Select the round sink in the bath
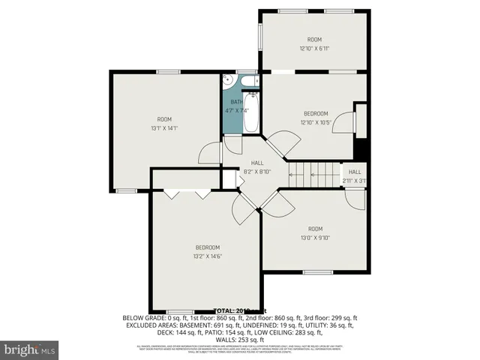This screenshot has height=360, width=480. (x=231, y=82)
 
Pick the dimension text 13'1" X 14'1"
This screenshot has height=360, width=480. (x=163, y=128)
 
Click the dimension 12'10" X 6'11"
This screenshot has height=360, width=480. (x=314, y=49)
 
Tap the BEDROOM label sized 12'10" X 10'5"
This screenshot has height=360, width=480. (x=315, y=114)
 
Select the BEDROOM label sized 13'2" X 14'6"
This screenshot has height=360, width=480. (x=207, y=247)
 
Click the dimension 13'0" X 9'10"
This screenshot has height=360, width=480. (x=314, y=238)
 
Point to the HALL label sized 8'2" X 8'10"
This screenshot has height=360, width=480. (x=257, y=163)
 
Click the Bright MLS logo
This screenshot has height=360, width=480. (x=30, y=349)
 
